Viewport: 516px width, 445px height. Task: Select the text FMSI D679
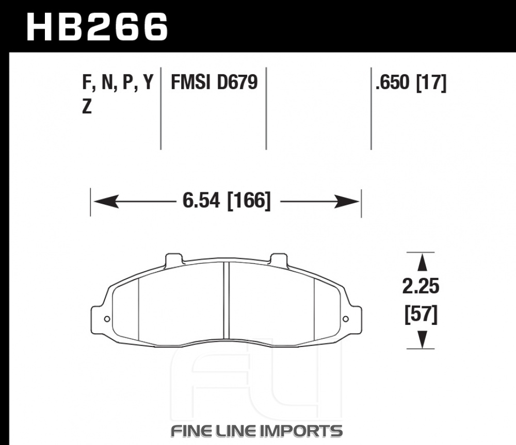214,82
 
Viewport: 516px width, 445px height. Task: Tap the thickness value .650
393,82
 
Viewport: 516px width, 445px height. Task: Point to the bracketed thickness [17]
431,83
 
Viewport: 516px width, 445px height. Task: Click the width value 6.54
201,200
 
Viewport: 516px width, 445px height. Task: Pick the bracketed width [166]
249,201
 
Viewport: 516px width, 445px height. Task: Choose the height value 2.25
421,286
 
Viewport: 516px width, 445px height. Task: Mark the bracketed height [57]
421,315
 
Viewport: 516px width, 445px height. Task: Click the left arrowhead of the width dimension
106,201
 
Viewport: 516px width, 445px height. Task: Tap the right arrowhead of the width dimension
347,201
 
